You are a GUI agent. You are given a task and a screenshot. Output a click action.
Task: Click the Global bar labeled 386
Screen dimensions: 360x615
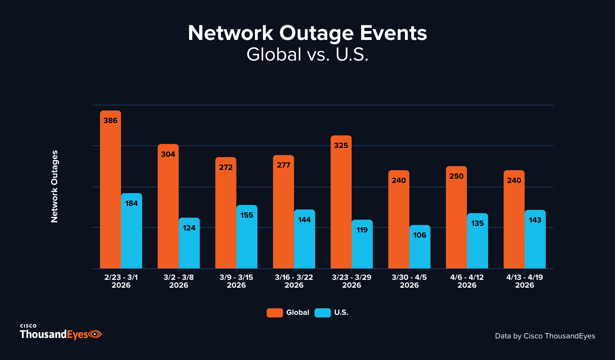[110, 190]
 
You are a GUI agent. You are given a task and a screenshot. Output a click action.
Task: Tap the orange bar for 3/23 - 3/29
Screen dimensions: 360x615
[341, 203]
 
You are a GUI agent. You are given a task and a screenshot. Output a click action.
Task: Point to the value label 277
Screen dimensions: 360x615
[283, 165]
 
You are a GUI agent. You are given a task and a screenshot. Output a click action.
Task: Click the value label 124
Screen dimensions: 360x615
[189, 228]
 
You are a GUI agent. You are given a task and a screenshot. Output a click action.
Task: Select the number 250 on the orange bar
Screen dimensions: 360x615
[456, 176]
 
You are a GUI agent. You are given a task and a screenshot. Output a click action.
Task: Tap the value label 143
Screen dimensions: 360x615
[535, 220]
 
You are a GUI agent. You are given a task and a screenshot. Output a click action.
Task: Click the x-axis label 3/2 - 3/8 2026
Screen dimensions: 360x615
[179, 281]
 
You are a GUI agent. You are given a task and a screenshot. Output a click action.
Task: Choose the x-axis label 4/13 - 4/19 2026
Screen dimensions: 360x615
[524, 281]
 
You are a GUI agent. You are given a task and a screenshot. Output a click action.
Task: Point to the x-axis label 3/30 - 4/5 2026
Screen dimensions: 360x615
[409, 281]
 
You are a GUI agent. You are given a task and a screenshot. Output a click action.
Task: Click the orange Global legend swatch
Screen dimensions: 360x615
[274, 313]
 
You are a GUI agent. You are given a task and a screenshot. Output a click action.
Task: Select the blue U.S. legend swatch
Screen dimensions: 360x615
[323, 313]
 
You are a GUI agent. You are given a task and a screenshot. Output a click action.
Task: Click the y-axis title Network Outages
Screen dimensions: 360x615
[54, 187]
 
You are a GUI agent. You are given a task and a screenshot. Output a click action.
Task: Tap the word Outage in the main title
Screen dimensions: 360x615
[316, 33]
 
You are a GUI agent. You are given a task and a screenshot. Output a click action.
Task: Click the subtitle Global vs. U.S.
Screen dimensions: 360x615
[307, 54]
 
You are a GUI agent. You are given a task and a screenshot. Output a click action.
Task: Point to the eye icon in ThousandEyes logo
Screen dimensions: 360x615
[95, 334]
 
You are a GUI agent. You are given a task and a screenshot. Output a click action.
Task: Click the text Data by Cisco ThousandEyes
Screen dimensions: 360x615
[545, 336]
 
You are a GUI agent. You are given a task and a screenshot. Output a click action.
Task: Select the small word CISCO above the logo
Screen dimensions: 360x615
[28, 326]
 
